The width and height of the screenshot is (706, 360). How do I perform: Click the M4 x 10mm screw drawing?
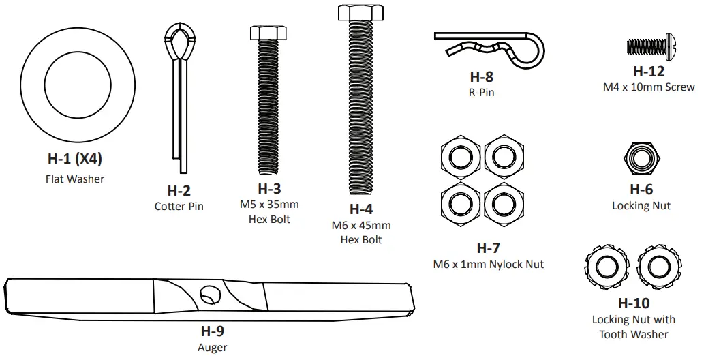(x=647, y=47)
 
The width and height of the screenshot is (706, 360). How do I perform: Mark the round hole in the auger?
(x=209, y=295)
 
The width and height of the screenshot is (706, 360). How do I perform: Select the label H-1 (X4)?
(x=74, y=159)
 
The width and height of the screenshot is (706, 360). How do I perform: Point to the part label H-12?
(x=649, y=71)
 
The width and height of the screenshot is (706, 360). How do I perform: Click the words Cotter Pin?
(x=179, y=206)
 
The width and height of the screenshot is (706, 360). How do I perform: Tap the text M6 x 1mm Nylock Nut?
(x=488, y=264)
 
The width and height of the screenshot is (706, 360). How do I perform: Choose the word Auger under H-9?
(x=212, y=347)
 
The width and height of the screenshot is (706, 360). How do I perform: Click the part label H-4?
(x=361, y=209)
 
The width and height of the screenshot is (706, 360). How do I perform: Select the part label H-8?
(x=482, y=77)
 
